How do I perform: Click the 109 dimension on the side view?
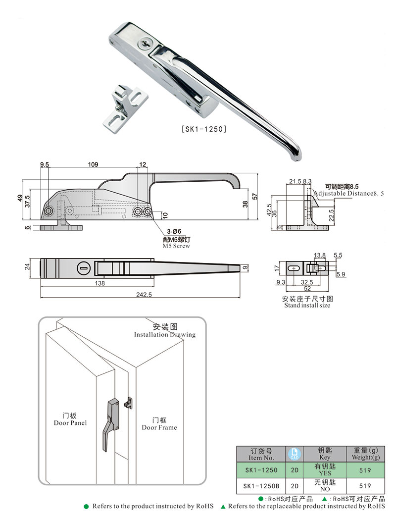[x=93, y=164]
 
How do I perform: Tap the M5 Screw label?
[x=176, y=246]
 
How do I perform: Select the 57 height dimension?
[x=255, y=196]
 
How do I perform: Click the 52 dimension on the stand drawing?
[x=307, y=289]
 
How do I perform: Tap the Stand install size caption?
[x=307, y=305]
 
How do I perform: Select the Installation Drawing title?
[x=165, y=335]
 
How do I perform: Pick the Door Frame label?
[x=159, y=427]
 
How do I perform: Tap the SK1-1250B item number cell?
[x=261, y=486]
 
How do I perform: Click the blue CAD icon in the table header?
[x=294, y=453]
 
